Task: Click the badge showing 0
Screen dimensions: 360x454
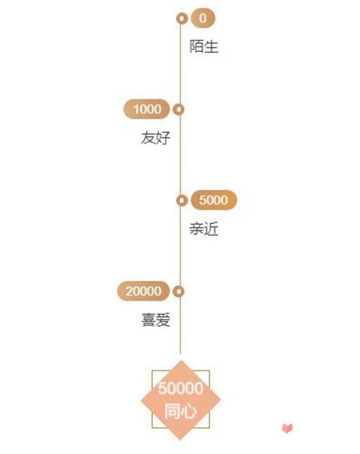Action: point(203,18)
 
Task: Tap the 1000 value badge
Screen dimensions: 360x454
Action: point(147,109)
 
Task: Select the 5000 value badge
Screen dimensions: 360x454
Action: point(214,200)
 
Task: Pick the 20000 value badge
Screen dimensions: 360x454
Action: point(143,291)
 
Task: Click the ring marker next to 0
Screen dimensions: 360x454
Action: point(182,18)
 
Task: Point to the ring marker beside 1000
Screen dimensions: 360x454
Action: point(179,109)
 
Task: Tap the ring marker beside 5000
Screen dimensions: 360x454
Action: point(182,200)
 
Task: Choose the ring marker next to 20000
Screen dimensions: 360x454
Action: point(179,292)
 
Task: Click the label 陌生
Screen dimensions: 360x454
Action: point(204,47)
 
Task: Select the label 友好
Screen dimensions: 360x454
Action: point(156,138)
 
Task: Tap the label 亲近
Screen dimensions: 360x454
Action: point(204,229)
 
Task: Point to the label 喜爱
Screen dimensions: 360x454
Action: point(156,320)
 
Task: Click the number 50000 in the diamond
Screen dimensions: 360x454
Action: point(181,388)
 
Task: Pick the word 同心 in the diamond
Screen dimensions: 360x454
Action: point(181,411)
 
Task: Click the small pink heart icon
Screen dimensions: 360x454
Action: point(287,428)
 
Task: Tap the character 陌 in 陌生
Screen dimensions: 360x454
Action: point(196,47)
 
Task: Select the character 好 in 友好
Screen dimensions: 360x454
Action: point(163,138)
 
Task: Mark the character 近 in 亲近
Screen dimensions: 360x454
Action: point(211,229)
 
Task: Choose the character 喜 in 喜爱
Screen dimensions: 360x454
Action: point(149,320)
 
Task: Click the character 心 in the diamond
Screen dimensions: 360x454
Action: point(189,411)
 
